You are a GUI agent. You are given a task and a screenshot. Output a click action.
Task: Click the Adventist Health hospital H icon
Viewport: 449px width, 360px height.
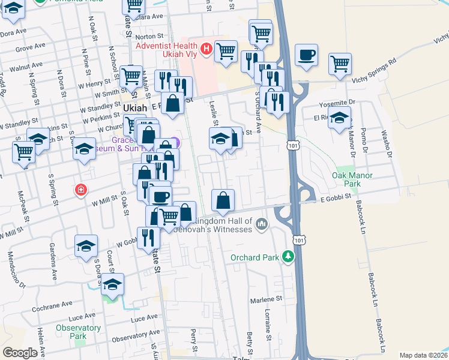point(206,48)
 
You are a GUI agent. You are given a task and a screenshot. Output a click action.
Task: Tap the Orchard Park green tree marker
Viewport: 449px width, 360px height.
point(289,257)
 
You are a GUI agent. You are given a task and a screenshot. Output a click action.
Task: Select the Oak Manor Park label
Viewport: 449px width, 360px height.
point(352,180)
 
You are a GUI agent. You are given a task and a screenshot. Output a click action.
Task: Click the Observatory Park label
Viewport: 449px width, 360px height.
point(78,332)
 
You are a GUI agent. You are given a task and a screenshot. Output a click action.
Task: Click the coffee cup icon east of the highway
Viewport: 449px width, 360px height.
point(306,55)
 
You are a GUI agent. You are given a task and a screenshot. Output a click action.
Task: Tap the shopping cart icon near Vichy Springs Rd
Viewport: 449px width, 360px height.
point(340,63)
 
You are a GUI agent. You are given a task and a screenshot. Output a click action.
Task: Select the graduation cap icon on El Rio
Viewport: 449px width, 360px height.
point(339,118)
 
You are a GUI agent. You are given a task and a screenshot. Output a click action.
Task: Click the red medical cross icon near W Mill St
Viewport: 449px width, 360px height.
point(80,190)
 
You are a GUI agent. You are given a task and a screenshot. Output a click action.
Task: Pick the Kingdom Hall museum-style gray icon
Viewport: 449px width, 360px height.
point(261,224)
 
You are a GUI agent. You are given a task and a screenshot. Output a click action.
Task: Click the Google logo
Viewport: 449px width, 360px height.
point(20,353)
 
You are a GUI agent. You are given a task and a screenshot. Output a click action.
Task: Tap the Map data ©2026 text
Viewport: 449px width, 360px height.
point(424,355)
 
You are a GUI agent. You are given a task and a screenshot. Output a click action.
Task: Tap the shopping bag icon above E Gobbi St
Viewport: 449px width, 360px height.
point(223,200)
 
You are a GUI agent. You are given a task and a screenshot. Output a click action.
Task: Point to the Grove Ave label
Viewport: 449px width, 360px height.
point(31,46)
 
